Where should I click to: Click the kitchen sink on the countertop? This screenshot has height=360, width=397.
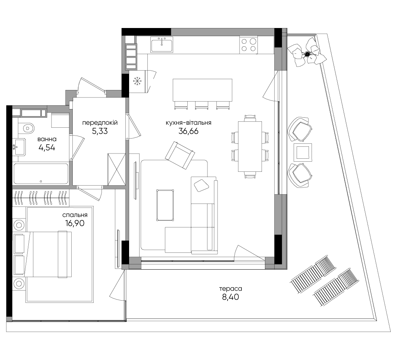[x=162, y=44]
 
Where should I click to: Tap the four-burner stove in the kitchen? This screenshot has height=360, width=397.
[x=248, y=45]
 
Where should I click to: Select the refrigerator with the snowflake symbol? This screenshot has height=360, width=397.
[x=137, y=81]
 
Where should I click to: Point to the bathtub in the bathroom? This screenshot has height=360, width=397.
[x=41, y=174]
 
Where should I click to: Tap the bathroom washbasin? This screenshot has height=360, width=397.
[x=19, y=146]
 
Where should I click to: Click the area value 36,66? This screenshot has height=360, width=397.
[x=188, y=131]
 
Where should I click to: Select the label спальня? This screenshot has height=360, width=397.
[x=75, y=215]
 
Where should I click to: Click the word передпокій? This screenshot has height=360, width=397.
[x=100, y=123]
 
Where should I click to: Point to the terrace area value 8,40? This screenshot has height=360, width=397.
[x=231, y=297]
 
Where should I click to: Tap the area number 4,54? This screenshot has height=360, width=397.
[x=47, y=148]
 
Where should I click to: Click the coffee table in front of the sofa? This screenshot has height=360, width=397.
[x=165, y=205]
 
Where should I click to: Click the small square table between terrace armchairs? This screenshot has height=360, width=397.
[x=303, y=152]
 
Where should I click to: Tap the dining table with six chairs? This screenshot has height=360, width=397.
[x=250, y=146]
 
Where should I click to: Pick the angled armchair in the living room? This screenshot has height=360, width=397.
[x=180, y=155]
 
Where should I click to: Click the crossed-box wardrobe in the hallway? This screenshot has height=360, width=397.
[x=116, y=170]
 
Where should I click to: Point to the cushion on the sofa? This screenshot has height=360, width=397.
[x=201, y=185]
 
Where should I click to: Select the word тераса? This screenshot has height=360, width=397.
[x=231, y=289]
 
